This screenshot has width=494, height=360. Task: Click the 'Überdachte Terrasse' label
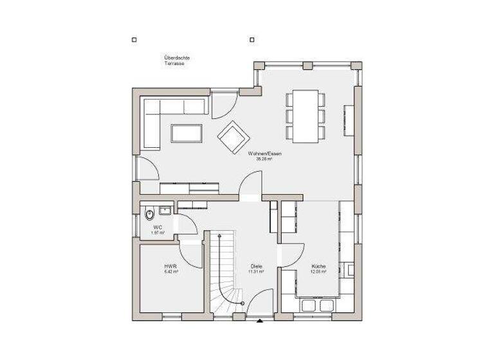177,60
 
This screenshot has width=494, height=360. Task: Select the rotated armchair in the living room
232,136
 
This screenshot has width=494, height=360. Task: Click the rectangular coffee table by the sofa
187,133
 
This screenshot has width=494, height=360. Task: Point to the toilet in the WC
149,214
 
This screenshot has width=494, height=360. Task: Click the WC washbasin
165,209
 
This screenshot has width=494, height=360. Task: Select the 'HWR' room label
170,266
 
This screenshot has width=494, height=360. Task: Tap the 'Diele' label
257,266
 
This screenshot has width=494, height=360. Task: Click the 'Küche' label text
318,266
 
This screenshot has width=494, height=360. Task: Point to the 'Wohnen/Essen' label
264,154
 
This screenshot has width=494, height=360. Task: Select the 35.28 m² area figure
264,159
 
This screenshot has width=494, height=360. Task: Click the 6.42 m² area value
170,271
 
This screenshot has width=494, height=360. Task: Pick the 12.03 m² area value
318,271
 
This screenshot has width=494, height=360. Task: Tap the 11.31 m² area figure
257,271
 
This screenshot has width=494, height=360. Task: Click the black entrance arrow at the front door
259,319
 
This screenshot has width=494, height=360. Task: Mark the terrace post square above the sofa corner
134,40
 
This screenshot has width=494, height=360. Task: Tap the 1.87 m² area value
158,232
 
